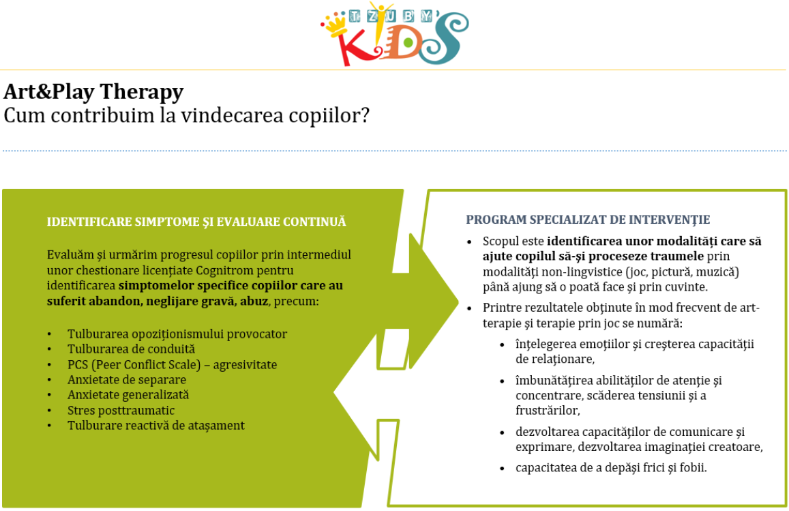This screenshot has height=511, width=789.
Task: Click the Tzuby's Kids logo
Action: (x=394, y=33)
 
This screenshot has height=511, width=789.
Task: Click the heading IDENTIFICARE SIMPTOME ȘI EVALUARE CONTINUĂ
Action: (x=196, y=222)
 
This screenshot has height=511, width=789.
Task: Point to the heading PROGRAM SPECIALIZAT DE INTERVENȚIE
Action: (x=588, y=220)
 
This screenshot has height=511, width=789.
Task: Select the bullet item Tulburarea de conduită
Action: (x=132, y=349)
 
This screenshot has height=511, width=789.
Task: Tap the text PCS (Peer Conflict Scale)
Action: (x=134, y=365)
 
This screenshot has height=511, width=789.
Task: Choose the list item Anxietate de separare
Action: (x=127, y=380)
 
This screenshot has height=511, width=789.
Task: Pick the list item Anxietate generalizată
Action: (x=128, y=395)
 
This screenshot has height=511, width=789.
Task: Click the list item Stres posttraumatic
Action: (x=121, y=411)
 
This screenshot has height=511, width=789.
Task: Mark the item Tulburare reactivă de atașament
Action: (x=156, y=426)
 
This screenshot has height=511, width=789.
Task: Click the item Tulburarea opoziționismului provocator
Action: (x=177, y=334)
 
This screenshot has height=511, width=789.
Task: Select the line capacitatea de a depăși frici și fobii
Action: (x=611, y=468)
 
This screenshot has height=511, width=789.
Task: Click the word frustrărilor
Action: (x=548, y=411)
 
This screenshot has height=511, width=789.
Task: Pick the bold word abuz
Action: (x=254, y=302)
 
